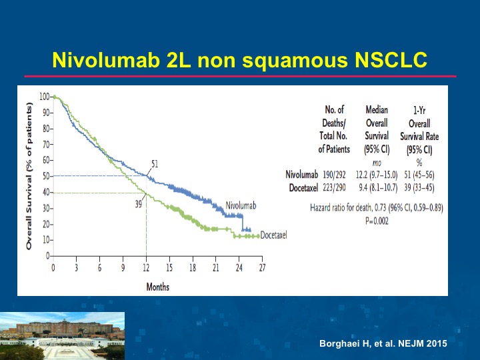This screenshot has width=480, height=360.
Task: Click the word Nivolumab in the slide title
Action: point(106,60)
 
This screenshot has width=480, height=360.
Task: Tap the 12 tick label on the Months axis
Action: point(146,268)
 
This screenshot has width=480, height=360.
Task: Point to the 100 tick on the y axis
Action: point(45,97)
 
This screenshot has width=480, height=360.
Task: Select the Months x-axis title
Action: point(157,287)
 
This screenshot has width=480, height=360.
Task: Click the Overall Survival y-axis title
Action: point(29,176)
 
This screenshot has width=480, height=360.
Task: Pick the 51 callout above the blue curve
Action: point(155,164)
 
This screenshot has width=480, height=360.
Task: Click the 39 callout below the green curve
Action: point(139,204)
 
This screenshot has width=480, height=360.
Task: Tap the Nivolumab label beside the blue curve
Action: point(241,205)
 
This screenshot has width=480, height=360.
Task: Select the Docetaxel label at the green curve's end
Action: point(274,235)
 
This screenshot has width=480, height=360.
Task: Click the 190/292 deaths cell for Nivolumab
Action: point(334,175)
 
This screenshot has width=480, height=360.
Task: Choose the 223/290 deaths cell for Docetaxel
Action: point(334,187)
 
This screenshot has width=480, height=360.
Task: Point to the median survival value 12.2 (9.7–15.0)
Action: point(377,175)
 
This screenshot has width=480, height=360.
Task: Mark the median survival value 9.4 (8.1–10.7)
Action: point(378,187)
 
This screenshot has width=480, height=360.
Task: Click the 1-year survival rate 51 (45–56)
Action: point(419,175)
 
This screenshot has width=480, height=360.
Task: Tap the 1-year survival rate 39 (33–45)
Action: point(419,187)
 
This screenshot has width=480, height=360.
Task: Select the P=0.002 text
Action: point(377,221)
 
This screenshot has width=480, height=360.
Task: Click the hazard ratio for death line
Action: point(377,208)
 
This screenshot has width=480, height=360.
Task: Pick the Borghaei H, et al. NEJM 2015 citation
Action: point(383,343)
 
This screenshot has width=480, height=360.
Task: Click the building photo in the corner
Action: point(62,336)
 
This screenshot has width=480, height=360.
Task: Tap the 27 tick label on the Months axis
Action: point(263,268)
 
